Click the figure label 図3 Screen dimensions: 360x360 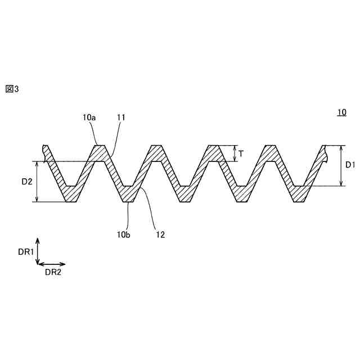12,88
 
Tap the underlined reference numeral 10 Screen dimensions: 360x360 341,112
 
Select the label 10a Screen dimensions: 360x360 89,118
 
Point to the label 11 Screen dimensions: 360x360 121,118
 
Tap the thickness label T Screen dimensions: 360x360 241,154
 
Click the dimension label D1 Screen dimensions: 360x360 350,165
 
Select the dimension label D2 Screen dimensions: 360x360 26,181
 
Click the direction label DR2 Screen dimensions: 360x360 53,272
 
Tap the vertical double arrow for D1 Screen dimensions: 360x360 341,165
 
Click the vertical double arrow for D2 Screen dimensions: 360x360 37,182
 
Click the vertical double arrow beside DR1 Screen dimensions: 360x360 37,250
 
